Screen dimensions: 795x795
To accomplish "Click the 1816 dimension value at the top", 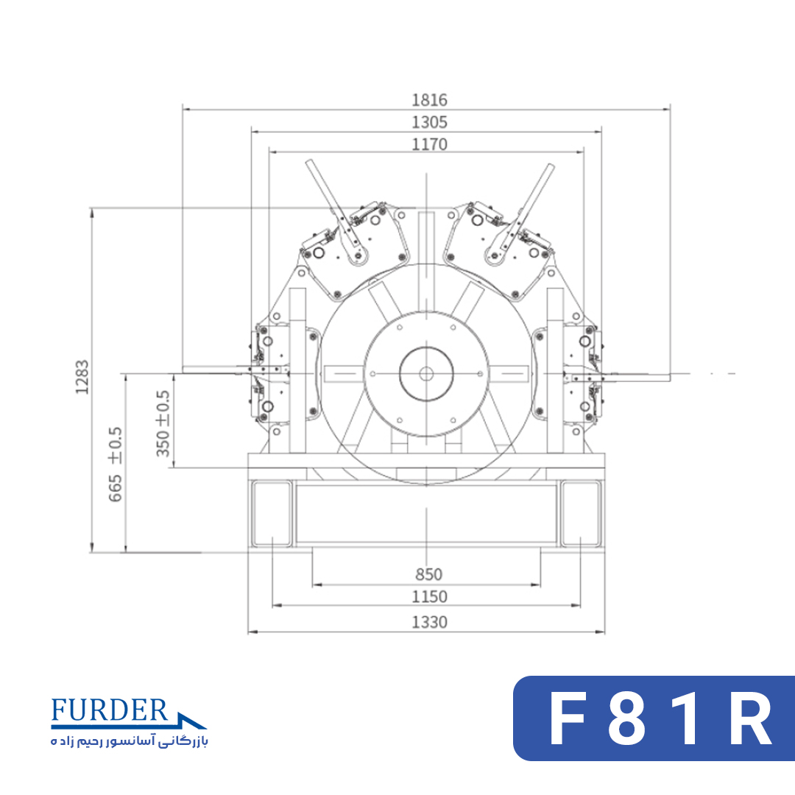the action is [x=429, y=100].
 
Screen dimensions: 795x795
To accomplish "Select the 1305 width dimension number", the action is [x=429, y=122].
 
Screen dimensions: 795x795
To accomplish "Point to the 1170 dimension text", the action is [x=429, y=144].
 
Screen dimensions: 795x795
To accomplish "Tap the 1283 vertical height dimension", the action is [x=82, y=377].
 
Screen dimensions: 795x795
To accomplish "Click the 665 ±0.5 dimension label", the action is [x=115, y=464].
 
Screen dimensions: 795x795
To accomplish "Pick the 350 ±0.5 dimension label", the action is [x=162, y=423].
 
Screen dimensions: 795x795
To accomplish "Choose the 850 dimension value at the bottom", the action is [x=428, y=574].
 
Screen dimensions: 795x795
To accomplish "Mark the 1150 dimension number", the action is [x=429, y=597].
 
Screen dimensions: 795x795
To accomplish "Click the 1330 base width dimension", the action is [x=429, y=622].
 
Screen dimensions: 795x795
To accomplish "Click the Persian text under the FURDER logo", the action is [x=130, y=741].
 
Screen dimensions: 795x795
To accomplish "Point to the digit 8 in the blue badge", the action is [x=626, y=718].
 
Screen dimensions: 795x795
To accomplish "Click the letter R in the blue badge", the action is [x=750, y=718].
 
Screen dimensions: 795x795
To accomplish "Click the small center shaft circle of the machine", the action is [x=426, y=374].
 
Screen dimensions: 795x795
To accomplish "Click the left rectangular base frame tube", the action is [x=272, y=514].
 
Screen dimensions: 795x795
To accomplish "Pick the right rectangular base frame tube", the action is [x=581, y=514].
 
